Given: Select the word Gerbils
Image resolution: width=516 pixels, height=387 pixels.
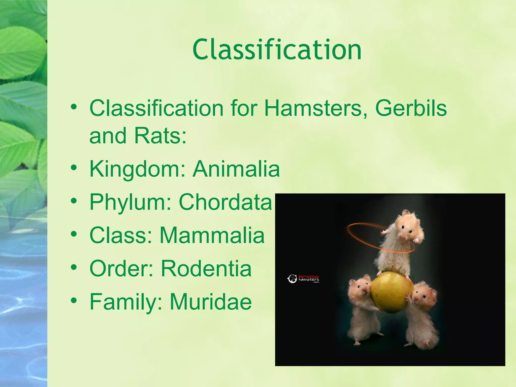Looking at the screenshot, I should tap(411, 108).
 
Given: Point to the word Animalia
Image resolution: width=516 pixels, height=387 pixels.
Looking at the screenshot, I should tap(236, 169).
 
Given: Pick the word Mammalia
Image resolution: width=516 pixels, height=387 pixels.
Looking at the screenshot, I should tap(212, 235).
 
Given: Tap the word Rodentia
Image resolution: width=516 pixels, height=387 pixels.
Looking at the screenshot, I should tap(206, 268).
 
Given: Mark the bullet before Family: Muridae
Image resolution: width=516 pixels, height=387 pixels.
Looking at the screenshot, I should tap(74, 301).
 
